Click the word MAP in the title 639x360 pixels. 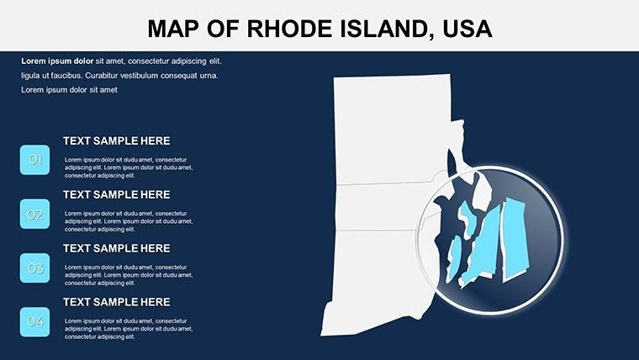coord(173,29)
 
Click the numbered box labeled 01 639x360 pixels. coord(34,159)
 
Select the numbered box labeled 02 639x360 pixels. coord(34,214)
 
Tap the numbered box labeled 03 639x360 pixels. coord(34,268)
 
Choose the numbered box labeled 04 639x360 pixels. coord(34,321)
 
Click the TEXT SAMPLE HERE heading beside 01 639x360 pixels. coord(116,141)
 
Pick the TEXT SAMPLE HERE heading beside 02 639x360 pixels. coord(116,194)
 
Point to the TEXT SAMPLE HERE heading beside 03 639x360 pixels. coord(116,248)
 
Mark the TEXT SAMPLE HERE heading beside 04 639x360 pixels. coord(116,302)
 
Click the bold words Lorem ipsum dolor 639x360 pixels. coord(57,61)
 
